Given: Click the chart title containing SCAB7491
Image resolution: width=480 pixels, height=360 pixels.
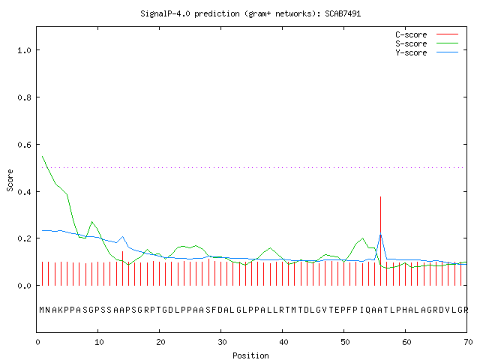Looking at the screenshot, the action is pyautogui.click(x=250, y=13).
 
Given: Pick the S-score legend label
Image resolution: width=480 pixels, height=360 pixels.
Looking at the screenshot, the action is pyautogui.click(x=411, y=43).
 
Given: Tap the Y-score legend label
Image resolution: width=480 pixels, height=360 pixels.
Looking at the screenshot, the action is pyautogui.click(x=411, y=52).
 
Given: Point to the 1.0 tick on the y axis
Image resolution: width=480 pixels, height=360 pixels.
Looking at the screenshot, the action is pyautogui.click(x=25, y=50).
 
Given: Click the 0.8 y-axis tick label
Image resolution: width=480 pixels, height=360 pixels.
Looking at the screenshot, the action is pyautogui.click(x=25, y=97).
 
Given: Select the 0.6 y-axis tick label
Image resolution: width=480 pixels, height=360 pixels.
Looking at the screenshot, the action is pyautogui.click(x=25, y=145).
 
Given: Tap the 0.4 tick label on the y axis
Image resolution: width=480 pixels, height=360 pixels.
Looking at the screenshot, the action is pyautogui.click(x=25, y=192).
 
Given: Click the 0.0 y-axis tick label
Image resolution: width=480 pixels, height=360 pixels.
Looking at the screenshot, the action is pyautogui.click(x=25, y=286).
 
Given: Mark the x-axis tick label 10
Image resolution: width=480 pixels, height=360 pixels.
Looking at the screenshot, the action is pyautogui.click(x=99, y=342).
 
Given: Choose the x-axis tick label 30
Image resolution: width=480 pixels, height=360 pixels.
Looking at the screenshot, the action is pyautogui.click(x=222, y=342).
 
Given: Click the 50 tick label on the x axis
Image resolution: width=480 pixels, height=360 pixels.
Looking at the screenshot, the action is pyautogui.click(x=345, y=342).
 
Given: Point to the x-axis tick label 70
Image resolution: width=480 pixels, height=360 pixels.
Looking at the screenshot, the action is pyautogui.click(x=468, y=342).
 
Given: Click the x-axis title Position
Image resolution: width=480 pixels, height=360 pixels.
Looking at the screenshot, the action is pyautogui.click(x=250, y=355).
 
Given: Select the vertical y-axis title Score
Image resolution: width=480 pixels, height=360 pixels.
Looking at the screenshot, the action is pyautogui.click(x=10, y=180).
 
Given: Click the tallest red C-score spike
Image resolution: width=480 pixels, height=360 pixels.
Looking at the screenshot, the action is pyautogui.click(x=380, y=241).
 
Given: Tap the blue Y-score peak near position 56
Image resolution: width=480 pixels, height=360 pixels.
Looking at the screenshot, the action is pyautogui.click(x=380, y=235).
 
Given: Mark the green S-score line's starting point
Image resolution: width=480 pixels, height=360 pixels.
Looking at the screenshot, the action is pyautogui.click(x=42, y=157).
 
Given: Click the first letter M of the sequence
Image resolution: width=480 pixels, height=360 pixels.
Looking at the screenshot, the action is pyautogui.click(x=42, y=310).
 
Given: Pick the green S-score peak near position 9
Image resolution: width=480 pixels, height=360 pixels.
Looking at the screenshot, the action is pyautogui.click(x=91, y=222).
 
